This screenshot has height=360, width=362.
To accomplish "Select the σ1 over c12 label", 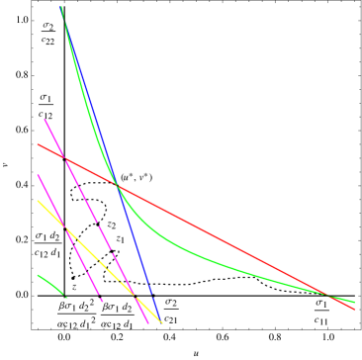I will (45, 106).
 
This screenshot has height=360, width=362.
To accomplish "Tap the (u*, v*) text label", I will (136, 178).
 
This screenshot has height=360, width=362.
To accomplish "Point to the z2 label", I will (112, 225).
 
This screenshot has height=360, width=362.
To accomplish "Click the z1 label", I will (120, 239).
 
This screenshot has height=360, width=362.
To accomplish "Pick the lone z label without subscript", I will (73, 288).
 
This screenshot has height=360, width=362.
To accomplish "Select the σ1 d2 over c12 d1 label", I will (46, 243).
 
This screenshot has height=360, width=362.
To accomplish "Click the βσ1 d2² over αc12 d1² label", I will (76, 314).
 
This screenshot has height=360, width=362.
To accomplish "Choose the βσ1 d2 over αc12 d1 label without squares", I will (119, 314).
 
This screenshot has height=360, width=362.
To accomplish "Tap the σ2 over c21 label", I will (171, 310).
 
